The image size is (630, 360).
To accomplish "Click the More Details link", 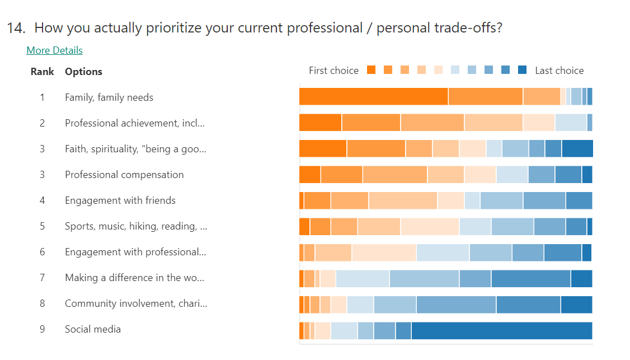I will coord(54,50).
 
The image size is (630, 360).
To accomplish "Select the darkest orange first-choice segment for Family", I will coord(373,96).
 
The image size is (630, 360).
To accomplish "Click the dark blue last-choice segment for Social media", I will coord(501,330).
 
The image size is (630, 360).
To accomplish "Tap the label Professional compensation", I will coord(124,175).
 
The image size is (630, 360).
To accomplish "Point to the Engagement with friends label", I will coord(120,200).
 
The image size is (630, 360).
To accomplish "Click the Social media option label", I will coord(93,329).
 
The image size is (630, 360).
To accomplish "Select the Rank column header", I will coord(43,72).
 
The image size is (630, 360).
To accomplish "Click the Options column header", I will coord(83,72).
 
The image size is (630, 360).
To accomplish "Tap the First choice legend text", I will coord(333,71).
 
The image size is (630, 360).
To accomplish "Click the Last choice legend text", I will coord(559,71).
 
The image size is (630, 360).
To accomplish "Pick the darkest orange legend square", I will coord(371,70).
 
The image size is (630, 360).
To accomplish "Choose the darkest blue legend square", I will coord(522,70).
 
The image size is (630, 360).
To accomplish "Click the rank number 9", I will coord(42,329).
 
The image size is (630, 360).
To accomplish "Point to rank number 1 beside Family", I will coord(42,97).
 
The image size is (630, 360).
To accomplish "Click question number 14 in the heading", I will coord(16,28).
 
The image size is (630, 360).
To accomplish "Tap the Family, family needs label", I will coord(109,97).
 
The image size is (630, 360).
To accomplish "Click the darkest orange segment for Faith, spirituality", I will coord(323,148).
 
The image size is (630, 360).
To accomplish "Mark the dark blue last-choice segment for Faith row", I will coord(577,148).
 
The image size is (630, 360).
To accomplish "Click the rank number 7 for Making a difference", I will coord(42,278).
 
